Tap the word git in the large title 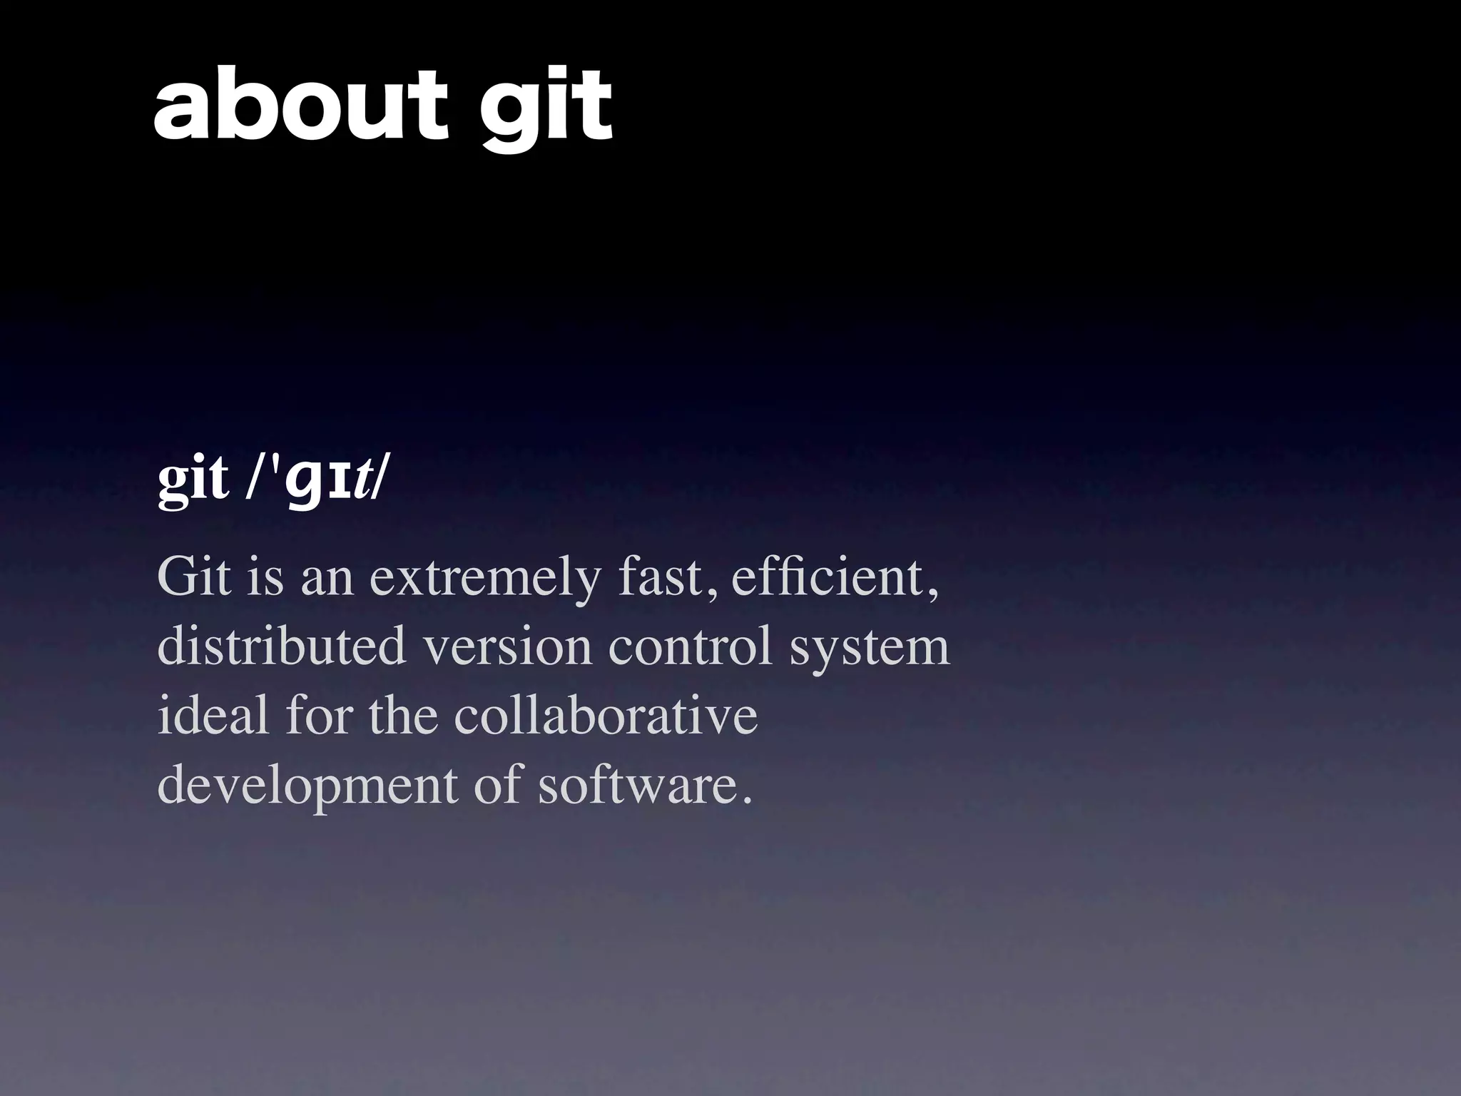(544, 111)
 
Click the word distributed (281, 646)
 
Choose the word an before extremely (327, 579)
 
